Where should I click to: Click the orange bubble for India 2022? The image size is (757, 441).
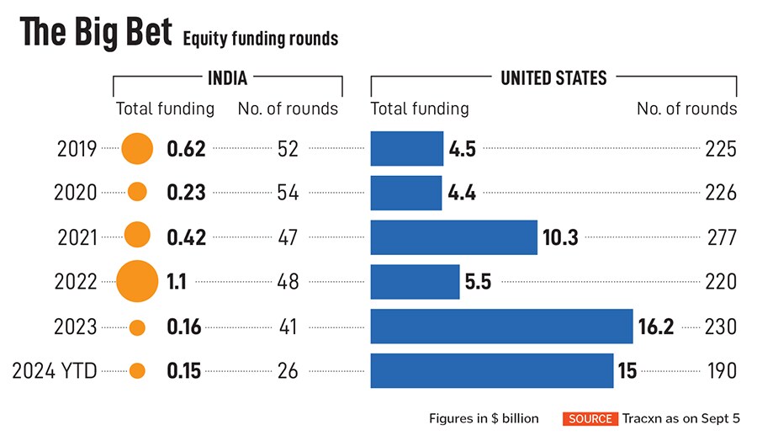coord(137,281)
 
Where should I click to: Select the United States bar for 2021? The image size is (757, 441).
coord(453,237)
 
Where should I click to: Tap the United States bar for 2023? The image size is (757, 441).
coord(501,326)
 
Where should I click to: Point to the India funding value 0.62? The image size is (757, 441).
coord(186,149)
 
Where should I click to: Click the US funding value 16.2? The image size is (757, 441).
coord(656,326)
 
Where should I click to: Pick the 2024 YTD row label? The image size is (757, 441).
coord(54,370)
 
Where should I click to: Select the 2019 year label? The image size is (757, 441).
coord(77,149)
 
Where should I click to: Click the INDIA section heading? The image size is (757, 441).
coord(227,78)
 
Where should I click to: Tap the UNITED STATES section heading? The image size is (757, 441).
coord(553,78)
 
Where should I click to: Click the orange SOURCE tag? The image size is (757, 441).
coord(590,418)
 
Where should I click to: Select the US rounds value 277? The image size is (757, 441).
coord(721,237)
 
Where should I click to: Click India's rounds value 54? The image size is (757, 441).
coord(288,193)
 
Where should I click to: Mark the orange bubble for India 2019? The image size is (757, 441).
coord(137,149)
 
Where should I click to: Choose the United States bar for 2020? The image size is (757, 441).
coord(405,193)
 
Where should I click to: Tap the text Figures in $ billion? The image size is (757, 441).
coord(484,418)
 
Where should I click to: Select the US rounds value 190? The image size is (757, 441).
coord(721,370)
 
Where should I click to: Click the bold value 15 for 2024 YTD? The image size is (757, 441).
coord(627,370)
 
